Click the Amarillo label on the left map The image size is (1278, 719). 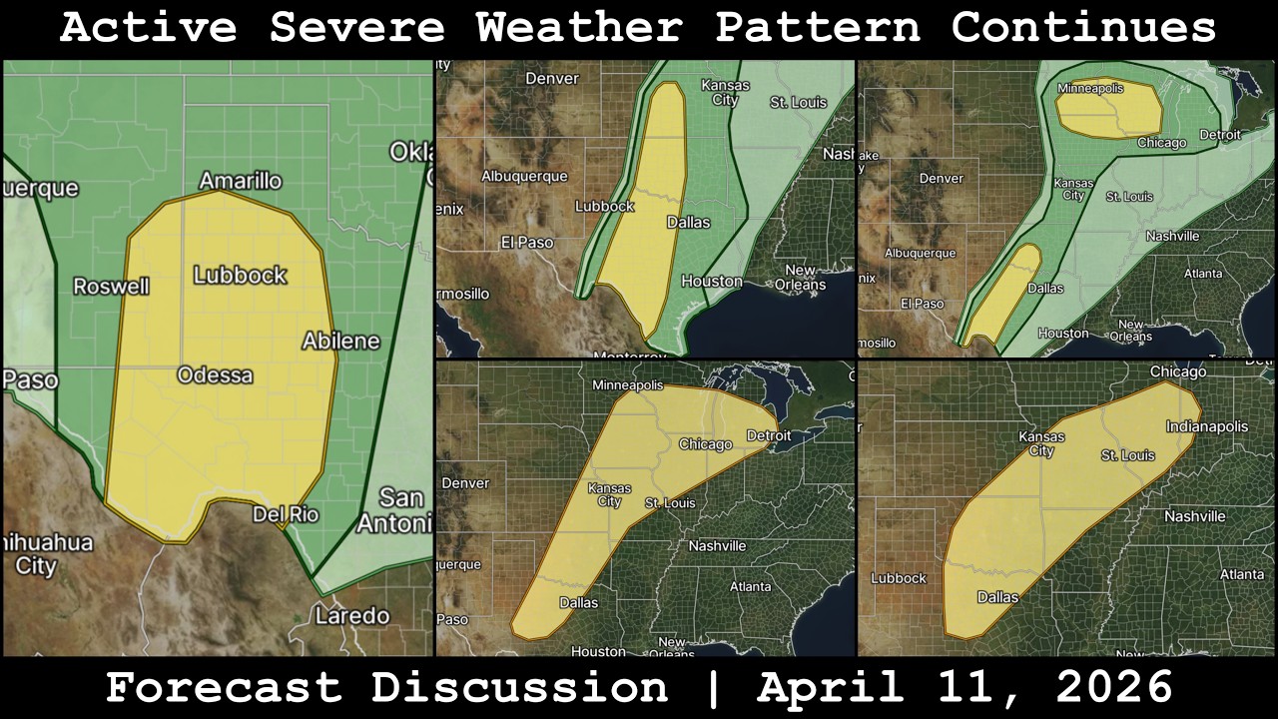click(x=240, y=181)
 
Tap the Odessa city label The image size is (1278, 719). click(x=215, y=375)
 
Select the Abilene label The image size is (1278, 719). click(x=341, y=341)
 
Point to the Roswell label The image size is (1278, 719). click(x=112, y=287)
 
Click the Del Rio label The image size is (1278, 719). click(x=285, y=514)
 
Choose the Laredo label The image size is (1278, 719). click(x=351, y=615)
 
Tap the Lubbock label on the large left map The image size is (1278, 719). click(x=240, y=275)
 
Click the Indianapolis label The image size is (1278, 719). click(x=1206, y=426)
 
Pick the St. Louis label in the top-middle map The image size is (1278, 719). click(x=798, y=103)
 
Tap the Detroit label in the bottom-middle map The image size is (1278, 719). click(x=769, y=435)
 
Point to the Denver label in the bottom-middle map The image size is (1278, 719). click(x=465, y=482)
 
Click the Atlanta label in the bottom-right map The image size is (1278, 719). click(x=1241, y=574)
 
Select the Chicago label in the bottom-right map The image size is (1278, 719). click(x=1177, y=371)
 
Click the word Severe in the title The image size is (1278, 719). click(x=356, y=28)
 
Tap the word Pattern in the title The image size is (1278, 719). click(x=817, y=28)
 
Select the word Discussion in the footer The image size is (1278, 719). click(x=519, y=688)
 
